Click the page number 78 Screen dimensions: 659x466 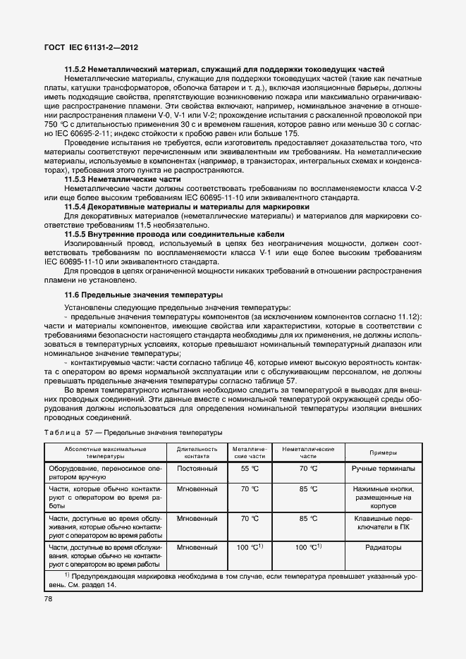[x=49, y=599]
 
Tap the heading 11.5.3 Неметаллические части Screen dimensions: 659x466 [x=123, y=180]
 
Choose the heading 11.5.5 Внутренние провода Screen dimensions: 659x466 [x=174, y=234]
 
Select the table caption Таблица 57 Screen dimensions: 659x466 [x=133, y=431]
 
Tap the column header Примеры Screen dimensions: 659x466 [x=382, y=452]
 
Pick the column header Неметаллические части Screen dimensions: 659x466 [x=308, y=452]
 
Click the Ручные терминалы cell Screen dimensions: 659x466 [x=382, y=468]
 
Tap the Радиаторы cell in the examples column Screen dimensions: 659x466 [x=382, y=546]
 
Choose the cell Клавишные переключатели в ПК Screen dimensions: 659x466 [x=382, y=522]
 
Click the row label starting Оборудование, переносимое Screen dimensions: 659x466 [x=104, y=472]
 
